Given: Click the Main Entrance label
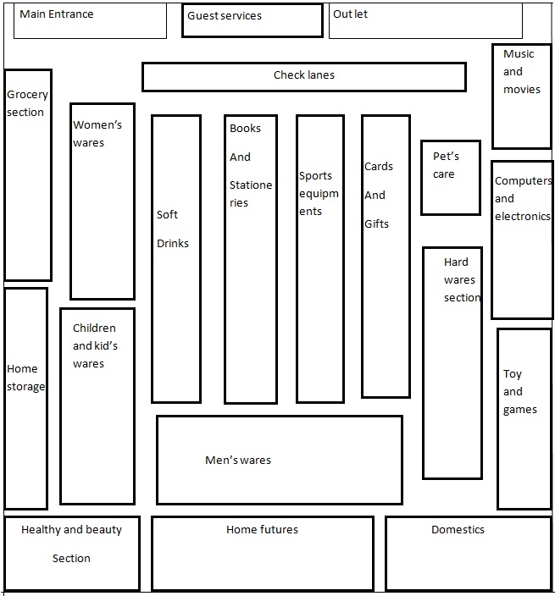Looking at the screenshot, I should click(56, 14).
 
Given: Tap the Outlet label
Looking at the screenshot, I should click(350, 14).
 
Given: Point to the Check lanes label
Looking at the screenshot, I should click(303, 75).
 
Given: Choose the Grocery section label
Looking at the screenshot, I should click(26, 103).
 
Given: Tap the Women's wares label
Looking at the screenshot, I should click(97, 134).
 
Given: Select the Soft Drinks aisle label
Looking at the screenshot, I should click(172, 229).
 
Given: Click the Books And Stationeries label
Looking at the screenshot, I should click(250, 165).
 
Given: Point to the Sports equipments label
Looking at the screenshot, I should click(319, 194).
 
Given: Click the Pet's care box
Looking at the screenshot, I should click(446, 166).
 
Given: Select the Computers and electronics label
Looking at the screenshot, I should click(522, 199).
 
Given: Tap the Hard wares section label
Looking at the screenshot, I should click(462, 280).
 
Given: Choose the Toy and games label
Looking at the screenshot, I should click(519, 392).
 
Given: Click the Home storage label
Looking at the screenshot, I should click(25, 378).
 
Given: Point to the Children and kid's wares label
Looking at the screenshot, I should click(95, 345).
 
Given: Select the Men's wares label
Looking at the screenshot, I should click(238, 461).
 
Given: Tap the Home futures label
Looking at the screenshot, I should click(262, 530).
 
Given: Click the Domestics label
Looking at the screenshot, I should click(458, 530).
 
